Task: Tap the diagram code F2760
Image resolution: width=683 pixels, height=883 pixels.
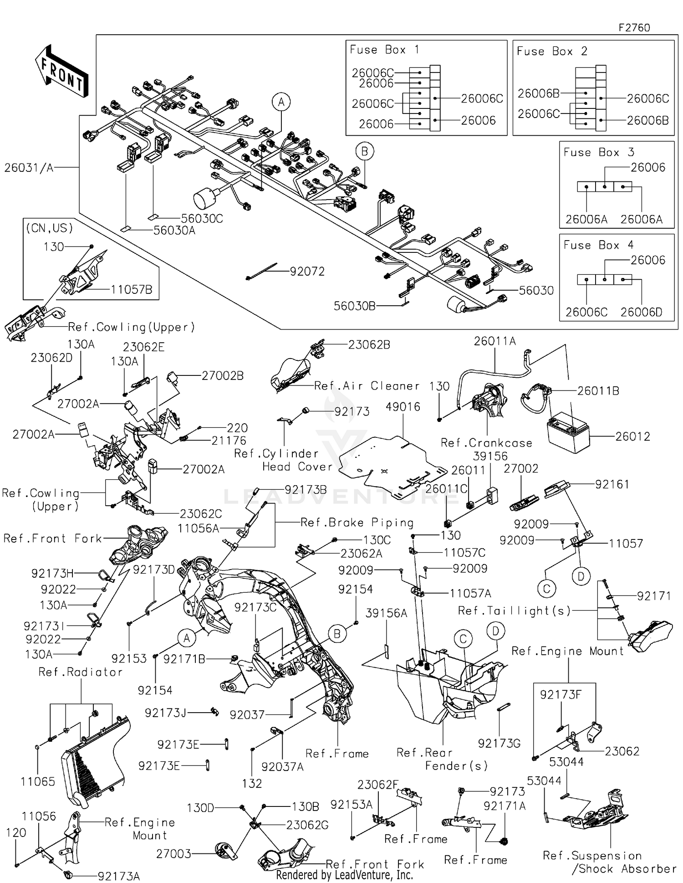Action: pyautogui.click(x=634, y=27)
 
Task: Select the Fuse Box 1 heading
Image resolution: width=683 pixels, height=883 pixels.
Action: pyautogui.click(x=384, y=50)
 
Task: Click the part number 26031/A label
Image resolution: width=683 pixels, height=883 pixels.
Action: pyautogui.click(x=29, y=168)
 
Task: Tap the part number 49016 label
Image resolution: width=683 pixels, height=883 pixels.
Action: pyautogui.click(x=403, y=406)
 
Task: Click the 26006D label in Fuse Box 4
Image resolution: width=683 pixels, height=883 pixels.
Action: pyautogui.click(x=641, y=312)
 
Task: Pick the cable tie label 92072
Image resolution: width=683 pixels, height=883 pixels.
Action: pyautogui.click(x=307, y=272)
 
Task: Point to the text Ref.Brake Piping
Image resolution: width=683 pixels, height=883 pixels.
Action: pyautogui.click(x=357, y=522)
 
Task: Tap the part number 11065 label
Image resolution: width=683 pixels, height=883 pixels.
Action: pyautogui.click(x=38, y=781)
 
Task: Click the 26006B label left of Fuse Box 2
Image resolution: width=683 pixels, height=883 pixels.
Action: pyautogui.click(x=538, y=93)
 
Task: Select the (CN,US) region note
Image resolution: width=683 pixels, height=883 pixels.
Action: pyautogui.click(x=49, y=228)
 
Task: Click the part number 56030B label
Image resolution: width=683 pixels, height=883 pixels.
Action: pyautogui.click(x=354, y=306)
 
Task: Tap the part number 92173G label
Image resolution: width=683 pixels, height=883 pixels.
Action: pyautogui.click(x=499, y=744)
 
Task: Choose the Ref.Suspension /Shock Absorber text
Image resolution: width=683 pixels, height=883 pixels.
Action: pyautogui.click(x=609, y=862)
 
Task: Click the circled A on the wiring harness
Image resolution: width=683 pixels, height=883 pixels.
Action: pyautogui.click(x=281, y=102)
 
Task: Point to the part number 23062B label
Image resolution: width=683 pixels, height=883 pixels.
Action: pyautogui.click(x=369, y=345)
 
